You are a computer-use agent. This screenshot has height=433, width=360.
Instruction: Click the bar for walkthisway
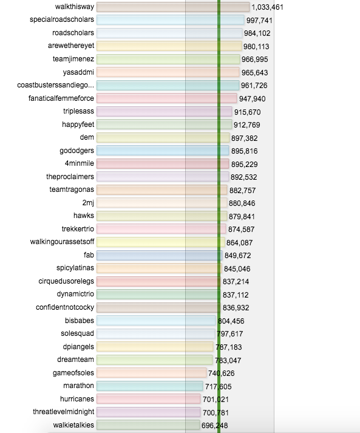(173, 7)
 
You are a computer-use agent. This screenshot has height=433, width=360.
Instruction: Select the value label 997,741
(259, 21)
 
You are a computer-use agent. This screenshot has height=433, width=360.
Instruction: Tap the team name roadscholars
(73, 33)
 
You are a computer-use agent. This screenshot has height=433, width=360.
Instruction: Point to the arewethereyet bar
(169, 46)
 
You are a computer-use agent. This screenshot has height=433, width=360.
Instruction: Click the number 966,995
(255, 60)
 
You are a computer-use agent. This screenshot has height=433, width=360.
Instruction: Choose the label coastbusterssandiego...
(55, 85)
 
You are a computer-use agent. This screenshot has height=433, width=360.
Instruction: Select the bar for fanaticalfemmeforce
(166, 98)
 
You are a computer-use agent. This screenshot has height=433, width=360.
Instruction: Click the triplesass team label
(79, 111)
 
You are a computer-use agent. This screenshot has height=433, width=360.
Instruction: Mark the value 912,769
(247, 125)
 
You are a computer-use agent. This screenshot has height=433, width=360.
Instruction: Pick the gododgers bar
(163, 151)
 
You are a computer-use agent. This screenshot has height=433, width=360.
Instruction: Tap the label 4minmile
(80, 163)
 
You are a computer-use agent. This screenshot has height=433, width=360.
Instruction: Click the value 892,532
(244, 177)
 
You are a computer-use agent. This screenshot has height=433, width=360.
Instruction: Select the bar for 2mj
(161, 203)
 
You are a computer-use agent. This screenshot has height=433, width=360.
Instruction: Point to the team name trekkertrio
(78, 229)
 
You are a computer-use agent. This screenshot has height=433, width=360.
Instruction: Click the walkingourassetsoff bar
(160, 242)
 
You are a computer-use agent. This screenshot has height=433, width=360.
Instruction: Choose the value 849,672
(238, 256)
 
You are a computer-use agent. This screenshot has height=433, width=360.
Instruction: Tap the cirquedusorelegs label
(66, 281)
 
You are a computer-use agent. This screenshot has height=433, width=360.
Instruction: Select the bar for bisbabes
(156, 321)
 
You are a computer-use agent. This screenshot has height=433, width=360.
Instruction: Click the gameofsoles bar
(151, 373)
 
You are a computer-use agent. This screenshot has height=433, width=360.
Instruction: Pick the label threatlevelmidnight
(64, 412)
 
